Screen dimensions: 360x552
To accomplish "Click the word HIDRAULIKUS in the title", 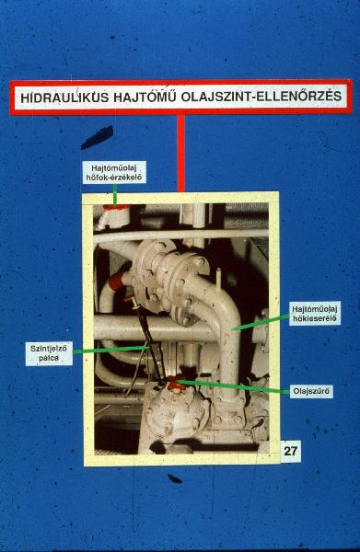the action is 64,98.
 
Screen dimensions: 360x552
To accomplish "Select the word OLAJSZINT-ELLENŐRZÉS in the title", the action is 261,96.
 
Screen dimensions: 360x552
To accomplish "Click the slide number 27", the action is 291,451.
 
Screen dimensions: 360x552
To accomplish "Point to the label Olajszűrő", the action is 311,391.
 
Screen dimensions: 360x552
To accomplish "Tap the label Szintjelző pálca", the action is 49,353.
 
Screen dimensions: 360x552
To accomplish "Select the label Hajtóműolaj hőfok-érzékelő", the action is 114,173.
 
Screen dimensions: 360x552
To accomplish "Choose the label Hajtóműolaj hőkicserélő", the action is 315,314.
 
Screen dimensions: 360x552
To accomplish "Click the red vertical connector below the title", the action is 180,153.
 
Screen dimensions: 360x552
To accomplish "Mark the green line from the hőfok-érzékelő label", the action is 115,194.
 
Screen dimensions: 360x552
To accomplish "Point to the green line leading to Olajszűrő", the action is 234,386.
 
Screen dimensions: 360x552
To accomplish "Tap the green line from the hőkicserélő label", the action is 261,323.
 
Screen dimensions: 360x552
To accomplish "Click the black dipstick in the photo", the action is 148,339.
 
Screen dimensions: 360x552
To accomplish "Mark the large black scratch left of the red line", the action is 98,138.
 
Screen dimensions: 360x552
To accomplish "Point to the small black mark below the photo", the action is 174,478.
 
